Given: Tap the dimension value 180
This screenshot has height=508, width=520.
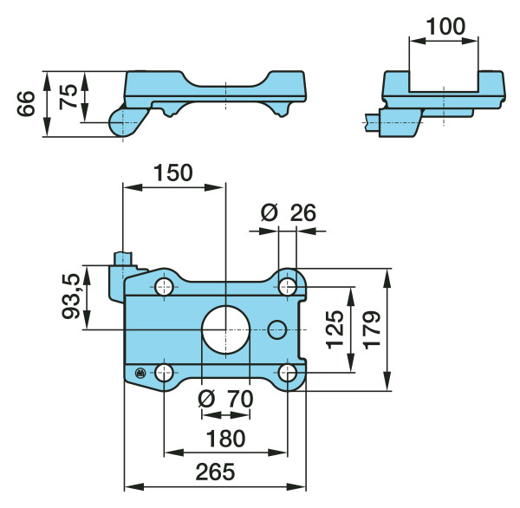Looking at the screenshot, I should click(226, 438).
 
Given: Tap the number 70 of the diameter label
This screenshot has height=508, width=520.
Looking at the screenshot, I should click(239, 400).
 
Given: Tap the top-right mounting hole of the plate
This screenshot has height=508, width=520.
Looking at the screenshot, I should click(288, 287).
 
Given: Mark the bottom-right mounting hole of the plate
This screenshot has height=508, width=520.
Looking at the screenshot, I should click(288, 373).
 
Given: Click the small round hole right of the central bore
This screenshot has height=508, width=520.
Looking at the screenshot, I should click(277, 329).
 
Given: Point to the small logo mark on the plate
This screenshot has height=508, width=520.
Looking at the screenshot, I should click(140, 374).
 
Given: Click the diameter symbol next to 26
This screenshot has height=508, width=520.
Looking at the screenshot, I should click(268, 212).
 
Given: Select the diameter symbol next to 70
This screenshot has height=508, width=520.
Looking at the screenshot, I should click(206, 399).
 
